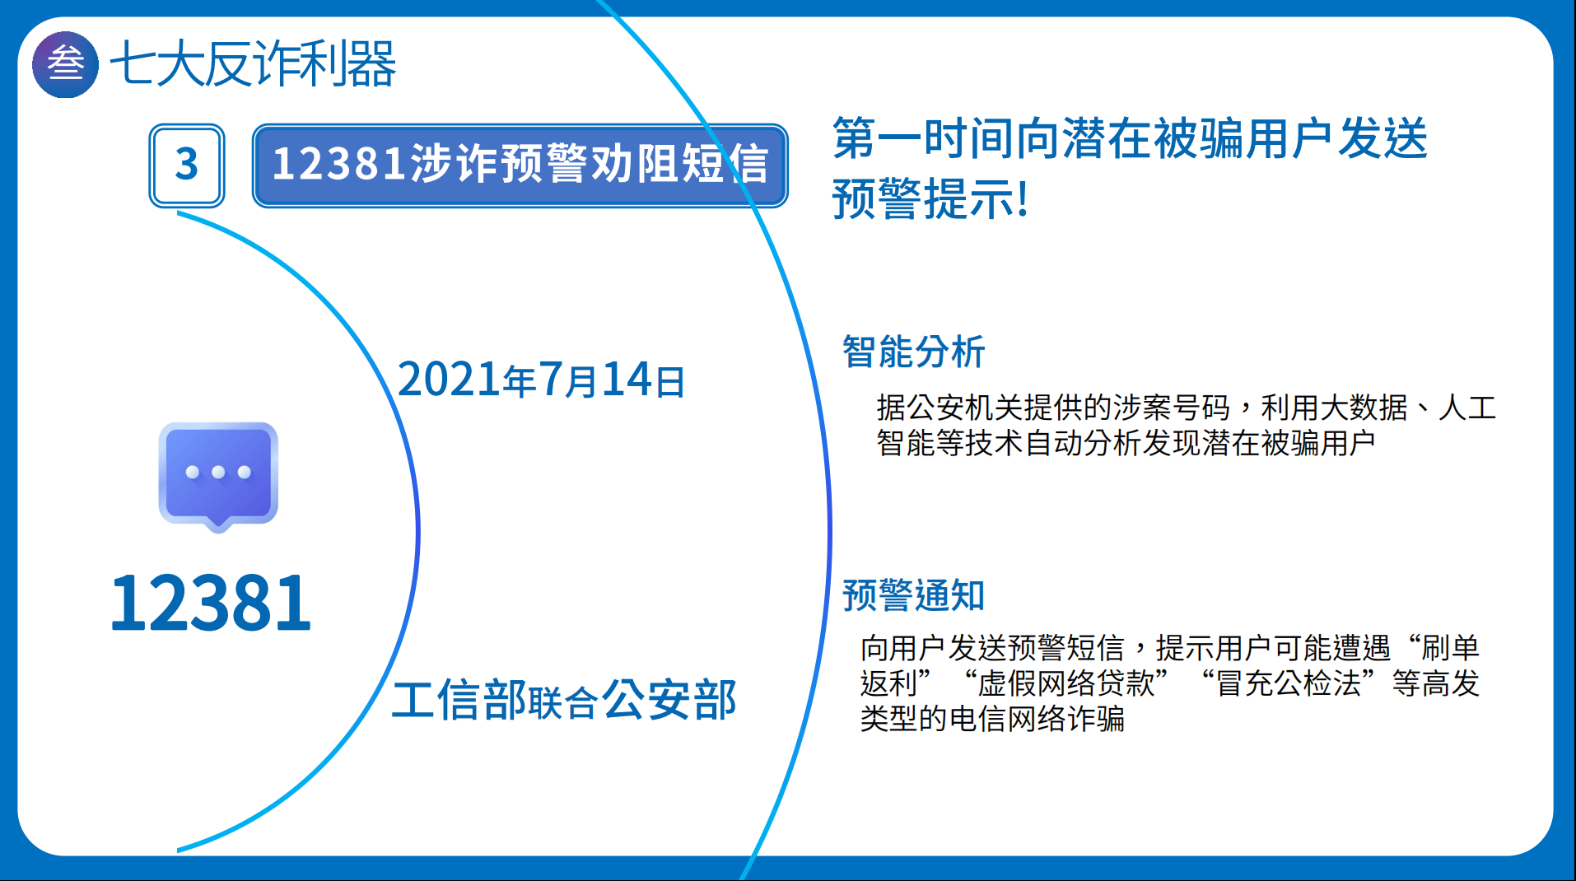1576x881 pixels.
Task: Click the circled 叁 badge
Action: pyautogui.click(x=65, y=64)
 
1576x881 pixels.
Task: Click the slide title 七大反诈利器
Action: pyautogui.click(x=253, y=64)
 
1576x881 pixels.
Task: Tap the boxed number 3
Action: pyautogui.click(x=187, y=165)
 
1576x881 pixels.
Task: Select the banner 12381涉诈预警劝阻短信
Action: pyautogui.click(x=520, y=165)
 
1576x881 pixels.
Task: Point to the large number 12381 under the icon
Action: pyautogui.click(x=211, y=604)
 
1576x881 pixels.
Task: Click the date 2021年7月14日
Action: pyautogui.click(x=541, y=380)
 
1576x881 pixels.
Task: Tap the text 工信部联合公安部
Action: pyautogui.click(x=564, y=700)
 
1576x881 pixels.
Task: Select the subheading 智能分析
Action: pyautogui.click(x=913, y=352)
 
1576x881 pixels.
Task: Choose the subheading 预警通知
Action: pyautogui.click(x=913, y=595)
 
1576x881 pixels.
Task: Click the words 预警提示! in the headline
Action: pyautogui.click(x=930, y=199)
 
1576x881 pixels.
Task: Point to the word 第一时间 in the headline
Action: pyautogui.click(x=923, y=138)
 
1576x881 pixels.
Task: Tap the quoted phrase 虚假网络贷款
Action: pyautogui.click(x=1066, y=683)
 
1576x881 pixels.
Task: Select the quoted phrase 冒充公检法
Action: pyautogui.click(x=1289, y=683)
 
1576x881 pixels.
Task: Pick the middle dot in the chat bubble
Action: pyautogui.click(x=218, y=472)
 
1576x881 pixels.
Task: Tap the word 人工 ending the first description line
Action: pyautogui.click(x=1467, y=408)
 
